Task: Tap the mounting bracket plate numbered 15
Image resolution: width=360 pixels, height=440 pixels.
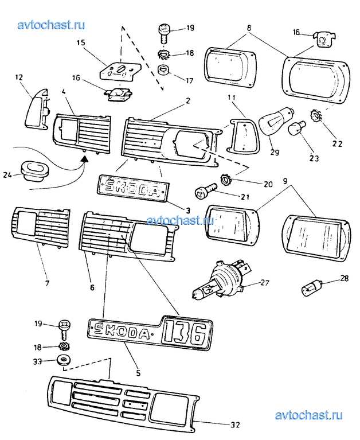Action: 120,71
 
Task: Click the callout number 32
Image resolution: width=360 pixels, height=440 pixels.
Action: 234,425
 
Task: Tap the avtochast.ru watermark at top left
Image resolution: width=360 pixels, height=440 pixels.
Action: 52,25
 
